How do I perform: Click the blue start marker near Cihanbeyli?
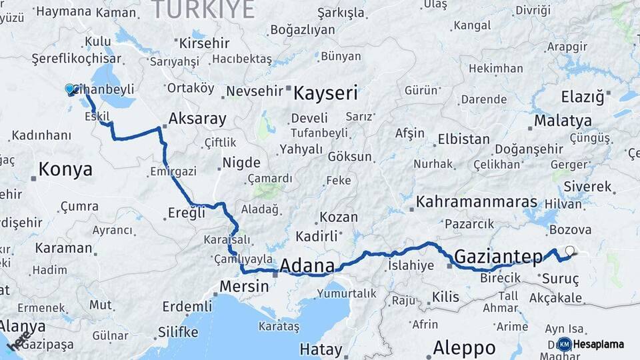69,89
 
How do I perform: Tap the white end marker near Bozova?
569,251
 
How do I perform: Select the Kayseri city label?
326,92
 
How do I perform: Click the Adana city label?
307,265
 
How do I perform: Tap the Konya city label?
65,169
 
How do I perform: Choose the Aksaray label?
197,119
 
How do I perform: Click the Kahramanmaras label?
477,201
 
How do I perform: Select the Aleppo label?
464,347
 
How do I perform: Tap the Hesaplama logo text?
599,344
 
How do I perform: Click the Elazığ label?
582,97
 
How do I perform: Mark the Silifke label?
178,331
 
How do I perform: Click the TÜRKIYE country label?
203,10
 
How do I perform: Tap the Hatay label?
321,349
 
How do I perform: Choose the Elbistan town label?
463,140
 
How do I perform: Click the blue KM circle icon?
564,344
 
